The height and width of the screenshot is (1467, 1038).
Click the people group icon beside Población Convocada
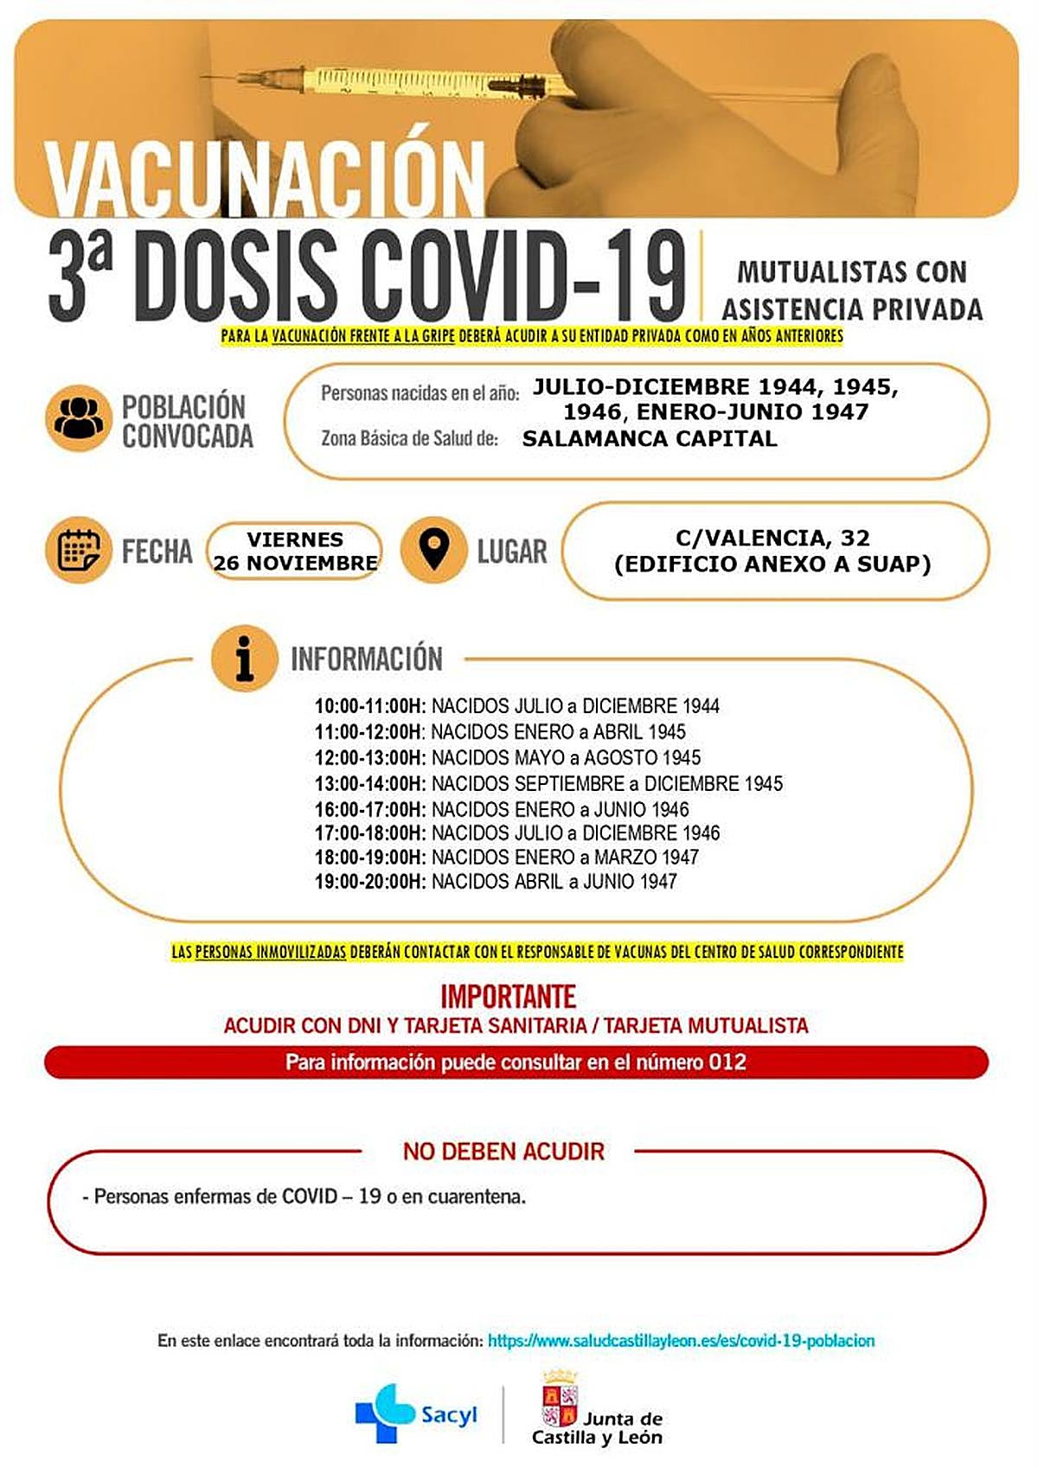[x=79, y=418]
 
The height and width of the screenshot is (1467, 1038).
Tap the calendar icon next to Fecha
[x=79, y=551]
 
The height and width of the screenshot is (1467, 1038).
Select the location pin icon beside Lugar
[x=434, y=550]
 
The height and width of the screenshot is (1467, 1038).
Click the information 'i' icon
[x=245, y=658]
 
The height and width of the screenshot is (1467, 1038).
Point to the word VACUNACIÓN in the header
[x=265, y=179]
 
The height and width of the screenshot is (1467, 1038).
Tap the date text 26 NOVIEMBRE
[x=295, y=563]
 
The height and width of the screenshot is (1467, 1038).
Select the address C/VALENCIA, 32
[x=772, y=538]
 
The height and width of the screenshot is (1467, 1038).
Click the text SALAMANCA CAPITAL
[x=650, y=438]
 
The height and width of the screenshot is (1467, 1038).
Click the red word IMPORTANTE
[x=509, y=996]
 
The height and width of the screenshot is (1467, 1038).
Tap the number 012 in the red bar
[x=727, y=1062]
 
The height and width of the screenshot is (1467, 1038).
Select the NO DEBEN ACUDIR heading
[x=503, y=1151]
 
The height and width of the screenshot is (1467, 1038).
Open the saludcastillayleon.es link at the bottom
[x=681, y=1341]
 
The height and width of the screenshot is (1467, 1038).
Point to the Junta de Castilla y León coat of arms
[x=559, y=1399]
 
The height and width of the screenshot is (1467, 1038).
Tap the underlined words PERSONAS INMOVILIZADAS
[x=271, y=952]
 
